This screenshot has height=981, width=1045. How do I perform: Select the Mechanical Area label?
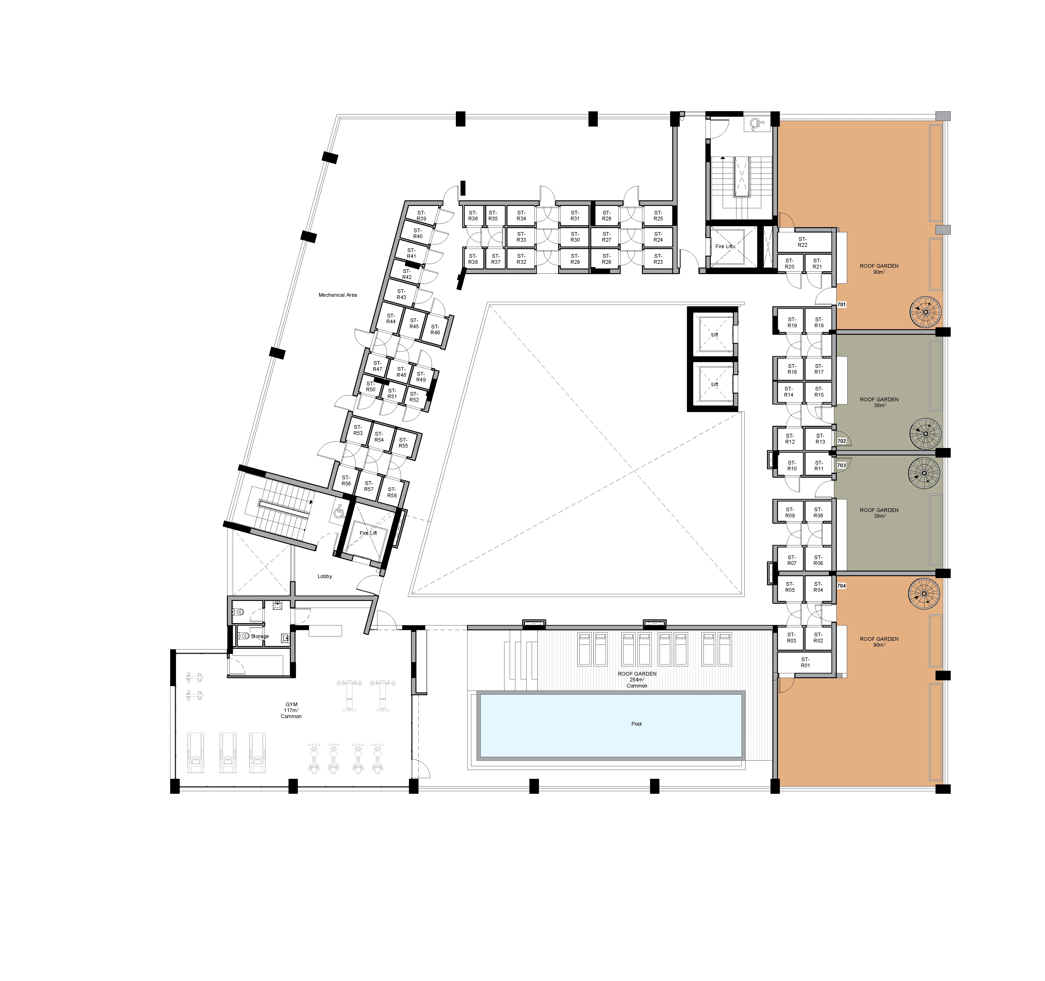338,295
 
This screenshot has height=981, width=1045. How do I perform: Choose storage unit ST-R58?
392,492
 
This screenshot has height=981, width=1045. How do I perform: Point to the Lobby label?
325,576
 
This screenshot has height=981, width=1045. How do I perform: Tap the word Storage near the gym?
260,636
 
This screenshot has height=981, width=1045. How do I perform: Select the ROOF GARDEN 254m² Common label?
637,679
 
